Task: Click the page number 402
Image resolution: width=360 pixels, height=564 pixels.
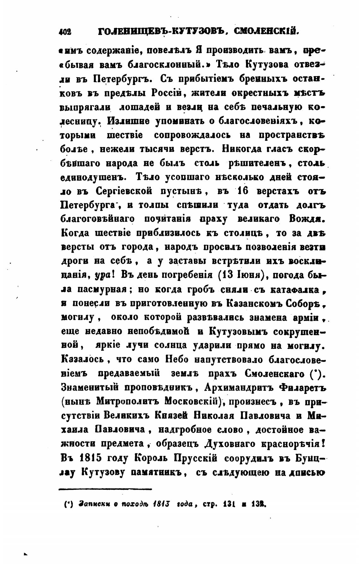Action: tap(66, 32)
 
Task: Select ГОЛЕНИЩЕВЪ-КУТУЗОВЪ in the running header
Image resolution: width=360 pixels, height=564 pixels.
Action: tap(163, 32)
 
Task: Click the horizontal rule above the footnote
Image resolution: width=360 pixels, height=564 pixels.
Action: tap(105, 489)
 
